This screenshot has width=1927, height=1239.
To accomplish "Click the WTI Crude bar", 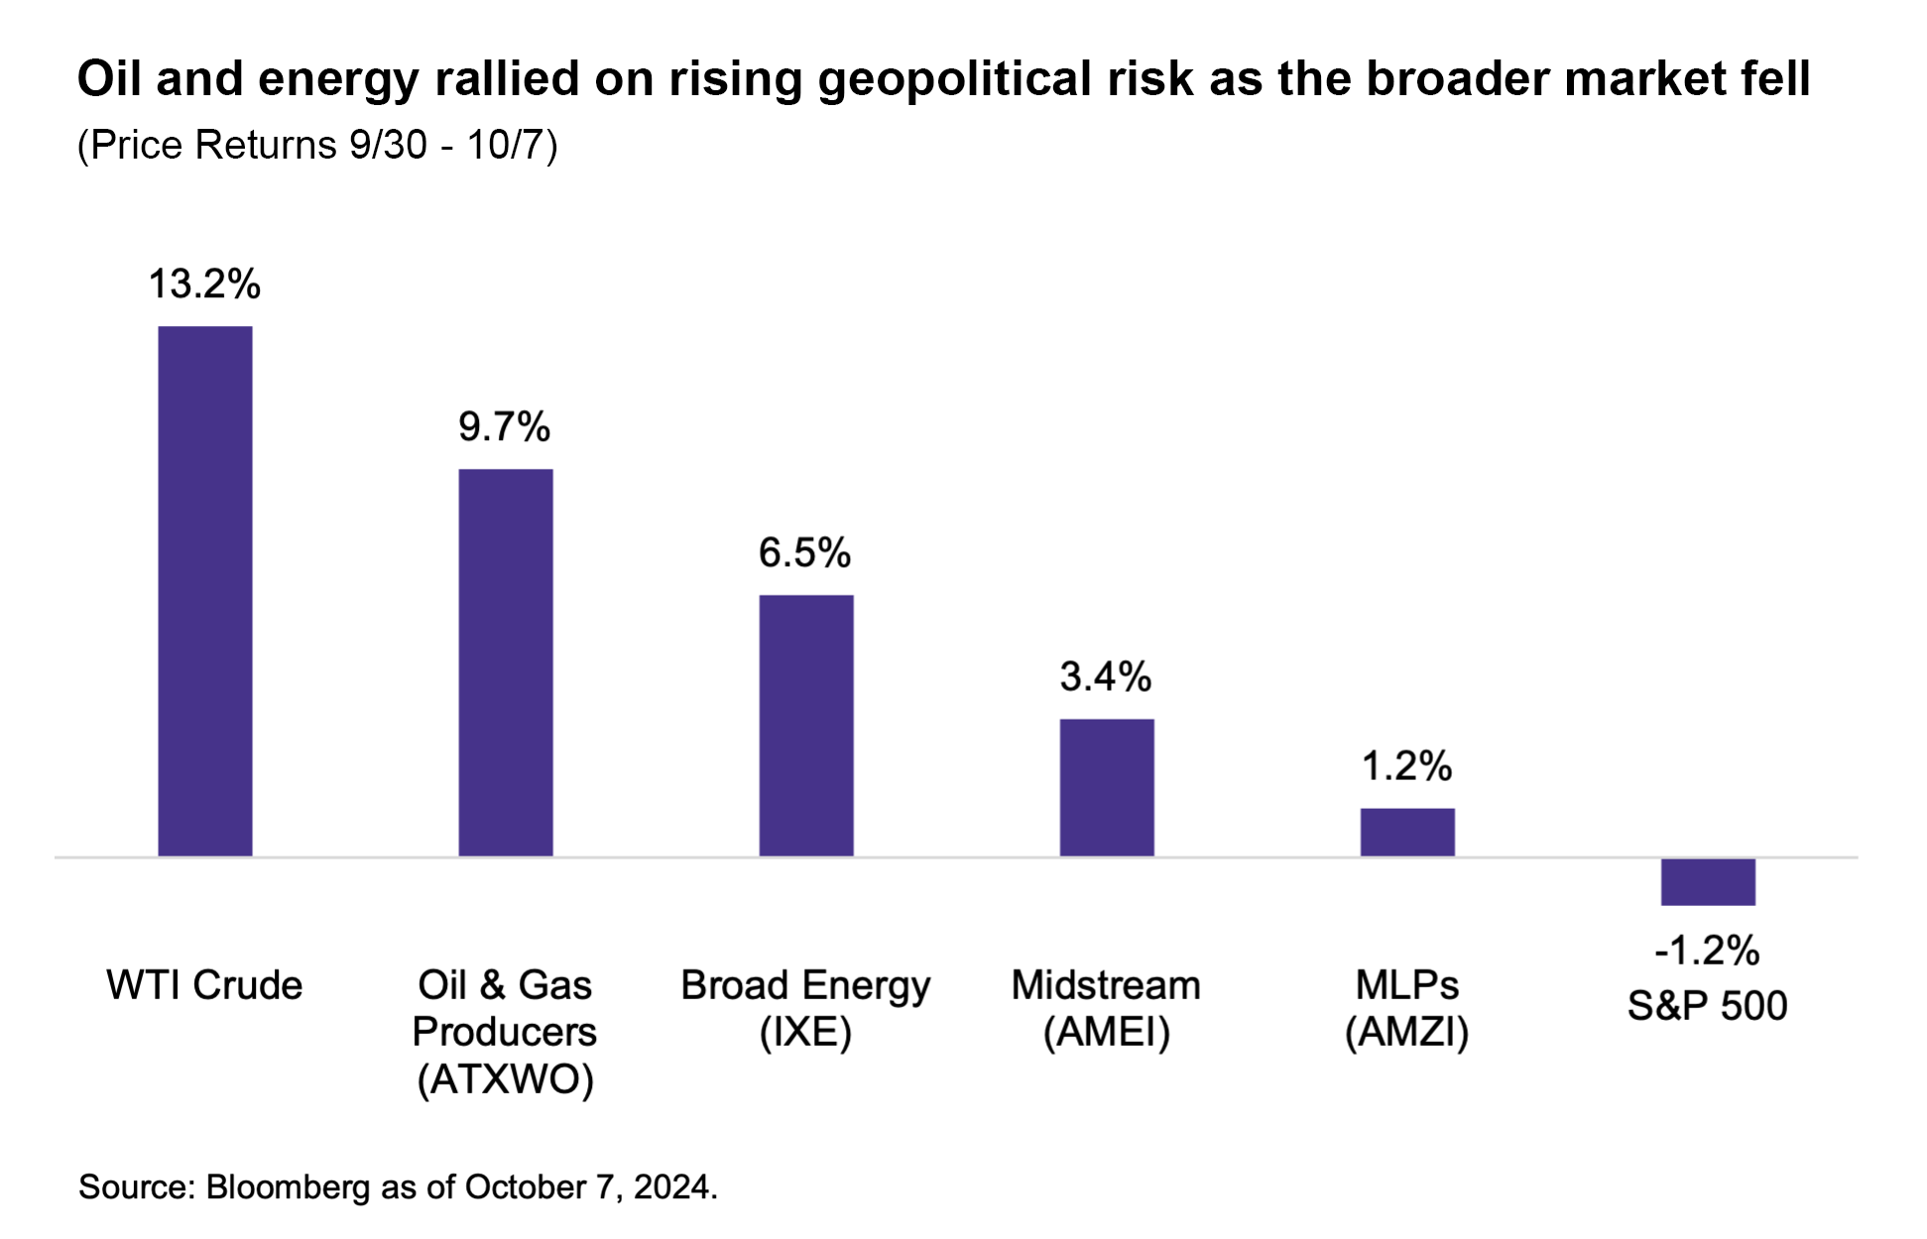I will click(x=205, y=591).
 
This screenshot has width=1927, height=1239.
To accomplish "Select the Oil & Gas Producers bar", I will click(x=505, y=662).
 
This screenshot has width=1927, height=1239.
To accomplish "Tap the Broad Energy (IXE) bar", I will click(x=805, y=725).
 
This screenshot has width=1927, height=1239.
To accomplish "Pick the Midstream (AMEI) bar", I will click(x=1106, y=787).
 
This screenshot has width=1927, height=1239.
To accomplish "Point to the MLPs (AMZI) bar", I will click(x=1406, y=832).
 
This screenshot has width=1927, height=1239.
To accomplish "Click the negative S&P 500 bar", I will click(x=1707, y=881).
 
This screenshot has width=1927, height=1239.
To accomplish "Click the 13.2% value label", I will click(x=204, y=284).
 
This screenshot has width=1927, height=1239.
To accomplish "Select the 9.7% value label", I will click(x=504, y=427).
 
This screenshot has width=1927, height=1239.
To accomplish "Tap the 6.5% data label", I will click(x=804, y=553).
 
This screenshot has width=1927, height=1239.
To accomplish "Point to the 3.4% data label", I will click(x=1105, y=677).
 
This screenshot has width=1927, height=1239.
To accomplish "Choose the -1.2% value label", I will click(x=1707, y=951).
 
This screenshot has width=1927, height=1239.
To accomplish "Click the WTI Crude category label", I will click(x=204, y=985).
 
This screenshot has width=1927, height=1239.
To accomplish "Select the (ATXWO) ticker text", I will click(x=505, y=1078).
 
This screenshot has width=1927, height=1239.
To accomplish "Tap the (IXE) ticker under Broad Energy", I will click(x=805, y=1033).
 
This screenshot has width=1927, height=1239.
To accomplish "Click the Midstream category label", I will click(x=1106, y=985).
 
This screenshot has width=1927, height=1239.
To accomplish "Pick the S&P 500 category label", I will click(x=1707, y=1006).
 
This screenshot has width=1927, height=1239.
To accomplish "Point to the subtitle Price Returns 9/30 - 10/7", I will click(x=317, y=146).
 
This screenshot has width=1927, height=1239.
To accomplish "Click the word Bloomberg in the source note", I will click(x=288, y=1186).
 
